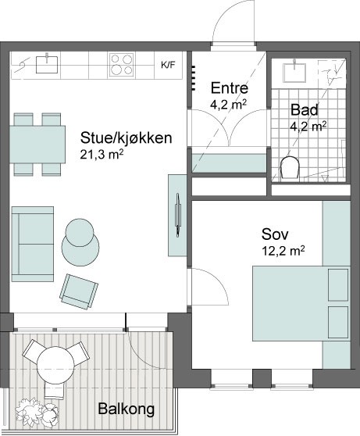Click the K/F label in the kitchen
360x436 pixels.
tap(168, 66)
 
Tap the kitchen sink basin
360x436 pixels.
tap(47, 65)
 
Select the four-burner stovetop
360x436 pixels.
tap(122, 65)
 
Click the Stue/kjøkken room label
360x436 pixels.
tap(127, 138)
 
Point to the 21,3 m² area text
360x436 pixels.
tap(102, 155)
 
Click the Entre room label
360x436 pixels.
tap(230, 88)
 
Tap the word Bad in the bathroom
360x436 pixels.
tap(304, 110)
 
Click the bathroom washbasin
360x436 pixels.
tap(294, 73)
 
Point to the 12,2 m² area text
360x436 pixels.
tap(283, 251)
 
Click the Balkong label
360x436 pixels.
tap(127, 409)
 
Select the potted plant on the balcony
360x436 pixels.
tap(37, 413)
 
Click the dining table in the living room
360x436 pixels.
tap(37, 145)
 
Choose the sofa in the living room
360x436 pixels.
tap(33, 244)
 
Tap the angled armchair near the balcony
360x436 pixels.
tap(79, 291)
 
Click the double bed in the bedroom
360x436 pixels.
tap(301, 303)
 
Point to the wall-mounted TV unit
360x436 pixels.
tap(177, 216)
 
